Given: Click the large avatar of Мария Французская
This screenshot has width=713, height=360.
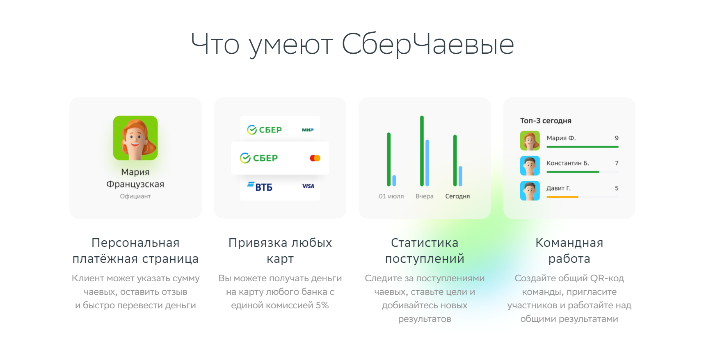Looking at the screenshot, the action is (x=135, y=138).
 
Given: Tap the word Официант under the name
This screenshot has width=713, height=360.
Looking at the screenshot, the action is (x=135, y=196).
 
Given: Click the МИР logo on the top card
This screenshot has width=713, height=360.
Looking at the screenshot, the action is (x=308, y=130).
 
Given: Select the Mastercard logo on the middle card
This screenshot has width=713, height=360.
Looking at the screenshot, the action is (x=315, y=158).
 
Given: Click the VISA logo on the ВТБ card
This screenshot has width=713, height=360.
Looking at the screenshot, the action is (x=308, y=186).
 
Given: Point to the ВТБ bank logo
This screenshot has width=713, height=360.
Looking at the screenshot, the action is (x=260, y=187).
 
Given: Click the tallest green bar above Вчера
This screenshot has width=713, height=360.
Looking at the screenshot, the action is (x=422, y=151).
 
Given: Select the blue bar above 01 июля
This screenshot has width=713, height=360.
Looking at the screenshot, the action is (x=394, y=181).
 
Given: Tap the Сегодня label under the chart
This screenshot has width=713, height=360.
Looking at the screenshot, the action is (x=457, y=196).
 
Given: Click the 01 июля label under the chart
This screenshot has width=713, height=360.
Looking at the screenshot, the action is (x=391, y=196).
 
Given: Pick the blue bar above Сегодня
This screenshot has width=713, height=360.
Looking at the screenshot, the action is (x=460, y=176).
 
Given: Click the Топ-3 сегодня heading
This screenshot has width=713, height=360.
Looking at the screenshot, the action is (x=546, y=121).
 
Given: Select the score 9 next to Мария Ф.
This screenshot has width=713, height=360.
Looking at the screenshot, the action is (x=617, y=138).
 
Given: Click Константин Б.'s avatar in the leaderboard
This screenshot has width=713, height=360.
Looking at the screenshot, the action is (x=530, y=166).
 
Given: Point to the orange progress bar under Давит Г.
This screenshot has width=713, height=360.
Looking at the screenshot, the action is (x=562, y=197).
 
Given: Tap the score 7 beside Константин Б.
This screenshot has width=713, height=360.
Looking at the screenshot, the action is (x=617, y=163).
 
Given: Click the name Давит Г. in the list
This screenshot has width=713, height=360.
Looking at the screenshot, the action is (x=558, y=188).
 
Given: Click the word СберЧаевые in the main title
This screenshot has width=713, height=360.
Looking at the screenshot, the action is (x=428, y=44).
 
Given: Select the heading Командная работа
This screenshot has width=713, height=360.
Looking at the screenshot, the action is (x=569, y=251).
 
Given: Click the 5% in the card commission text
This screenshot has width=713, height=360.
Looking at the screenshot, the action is (x=322, y=305).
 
